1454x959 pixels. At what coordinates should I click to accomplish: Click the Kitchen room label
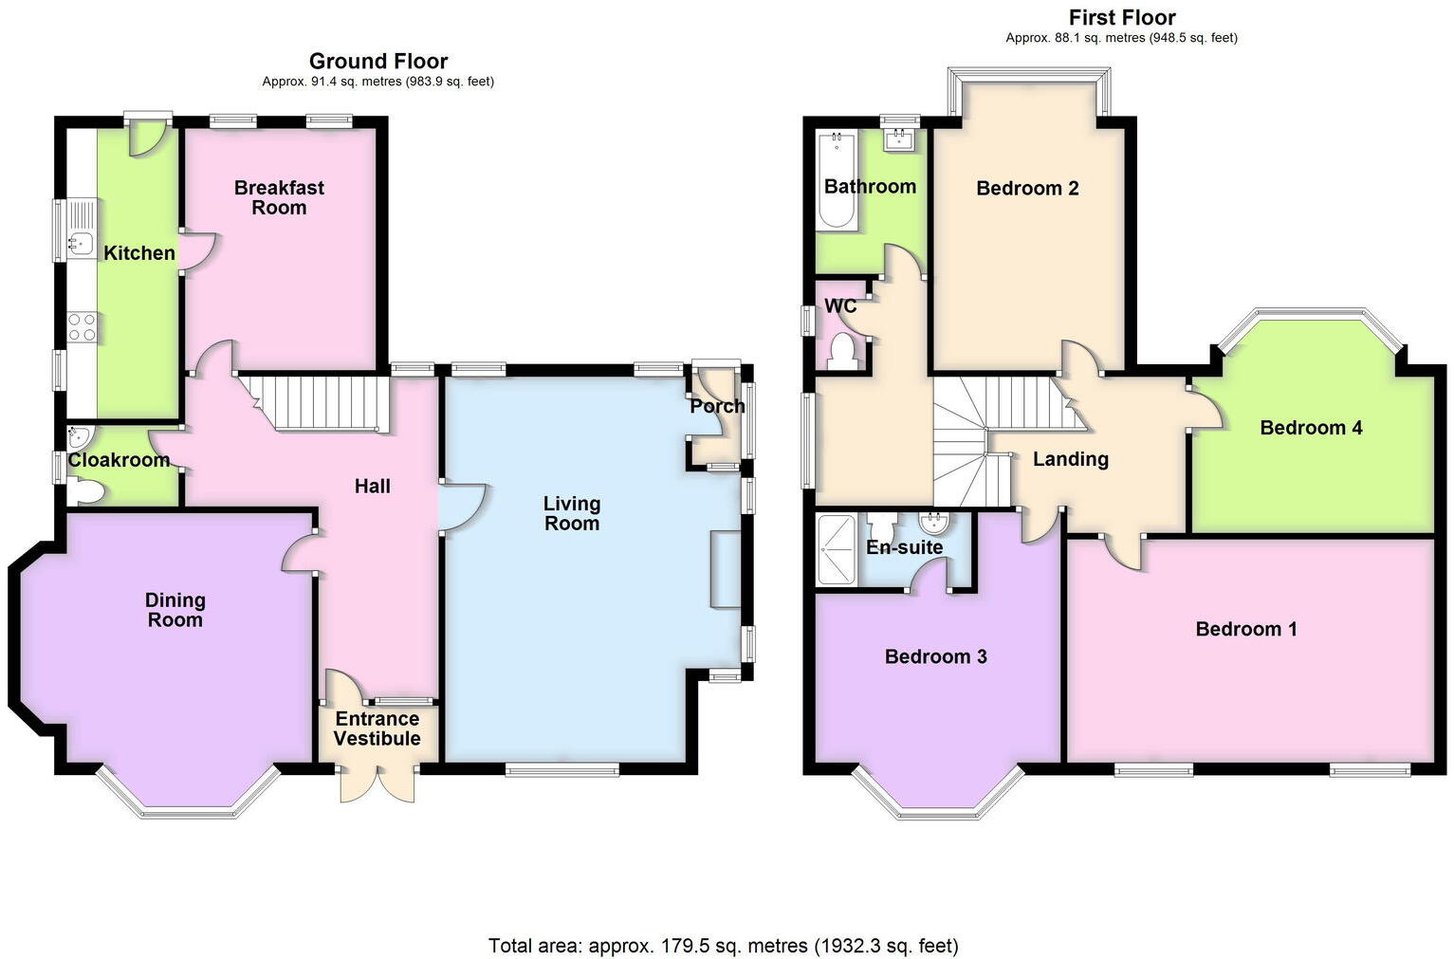click(138, 253)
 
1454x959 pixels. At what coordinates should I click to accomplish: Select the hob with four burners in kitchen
click(82, 327)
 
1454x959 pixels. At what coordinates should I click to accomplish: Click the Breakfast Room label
click(279, 197)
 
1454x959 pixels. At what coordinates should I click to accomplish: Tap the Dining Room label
click(175, 610)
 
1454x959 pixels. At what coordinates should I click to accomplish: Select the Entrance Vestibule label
click(377, 728)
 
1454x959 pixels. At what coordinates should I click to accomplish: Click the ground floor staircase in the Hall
click(318, 403)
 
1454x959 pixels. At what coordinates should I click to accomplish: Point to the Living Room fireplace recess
click(726, 569)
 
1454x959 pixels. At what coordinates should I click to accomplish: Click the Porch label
click(717, 406)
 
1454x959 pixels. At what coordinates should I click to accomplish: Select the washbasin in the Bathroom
click(897, 141)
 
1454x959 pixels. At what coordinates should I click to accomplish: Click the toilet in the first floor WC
click(841, 352)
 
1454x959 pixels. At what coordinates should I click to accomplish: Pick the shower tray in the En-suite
click(837, 549)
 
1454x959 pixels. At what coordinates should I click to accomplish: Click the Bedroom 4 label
click(1311, 428)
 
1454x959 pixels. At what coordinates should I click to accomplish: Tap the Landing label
click(1070, 459)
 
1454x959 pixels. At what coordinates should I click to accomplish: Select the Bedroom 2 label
click(1027, 188)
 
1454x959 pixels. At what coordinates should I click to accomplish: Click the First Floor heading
click(1121, 17)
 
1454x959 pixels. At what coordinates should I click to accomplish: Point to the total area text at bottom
click(723, 946)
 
